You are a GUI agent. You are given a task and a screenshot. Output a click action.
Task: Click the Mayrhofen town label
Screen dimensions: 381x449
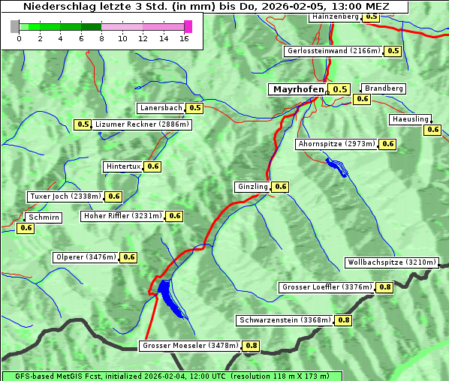[x=298, y=89]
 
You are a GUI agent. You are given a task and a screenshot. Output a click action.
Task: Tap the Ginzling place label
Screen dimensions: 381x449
[x=252, y=187]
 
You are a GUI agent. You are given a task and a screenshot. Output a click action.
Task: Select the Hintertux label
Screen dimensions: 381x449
[x=123, y=166]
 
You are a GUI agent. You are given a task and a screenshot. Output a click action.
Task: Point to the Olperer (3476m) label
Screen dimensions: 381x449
[x=86, y=257]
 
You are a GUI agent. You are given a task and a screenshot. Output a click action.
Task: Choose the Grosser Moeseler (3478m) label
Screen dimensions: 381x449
[x=191, y=346]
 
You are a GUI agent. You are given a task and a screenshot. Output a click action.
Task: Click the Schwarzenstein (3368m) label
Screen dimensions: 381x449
[x=284, y=320]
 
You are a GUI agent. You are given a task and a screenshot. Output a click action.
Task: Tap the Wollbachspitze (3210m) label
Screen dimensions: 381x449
[x=391, y=262]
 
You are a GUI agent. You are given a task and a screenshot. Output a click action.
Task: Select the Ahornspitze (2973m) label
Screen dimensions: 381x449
[x=336, y=144]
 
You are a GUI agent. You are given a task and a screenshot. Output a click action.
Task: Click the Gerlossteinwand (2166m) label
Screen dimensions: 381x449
[x=333, y=51]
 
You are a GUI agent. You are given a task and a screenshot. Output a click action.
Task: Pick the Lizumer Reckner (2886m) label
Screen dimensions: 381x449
[x=142, y=124]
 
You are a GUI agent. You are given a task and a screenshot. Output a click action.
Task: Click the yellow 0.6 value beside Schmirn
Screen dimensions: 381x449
[x=26, y=228]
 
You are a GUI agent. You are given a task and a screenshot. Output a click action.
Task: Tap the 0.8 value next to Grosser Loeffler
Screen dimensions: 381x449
[x=385, y=287]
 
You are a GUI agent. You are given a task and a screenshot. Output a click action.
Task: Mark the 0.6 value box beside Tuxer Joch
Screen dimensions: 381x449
[x=113, y=196]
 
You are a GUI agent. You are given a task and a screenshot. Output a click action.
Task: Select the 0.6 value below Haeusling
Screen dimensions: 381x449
[x=432, y=130]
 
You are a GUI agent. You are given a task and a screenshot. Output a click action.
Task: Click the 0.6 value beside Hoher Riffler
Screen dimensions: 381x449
[x=174, y=216]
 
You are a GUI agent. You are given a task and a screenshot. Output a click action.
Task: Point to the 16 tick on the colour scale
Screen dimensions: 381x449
[x=184, y=37]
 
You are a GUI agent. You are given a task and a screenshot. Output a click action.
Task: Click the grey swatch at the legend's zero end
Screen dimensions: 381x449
[x=15, y=26]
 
